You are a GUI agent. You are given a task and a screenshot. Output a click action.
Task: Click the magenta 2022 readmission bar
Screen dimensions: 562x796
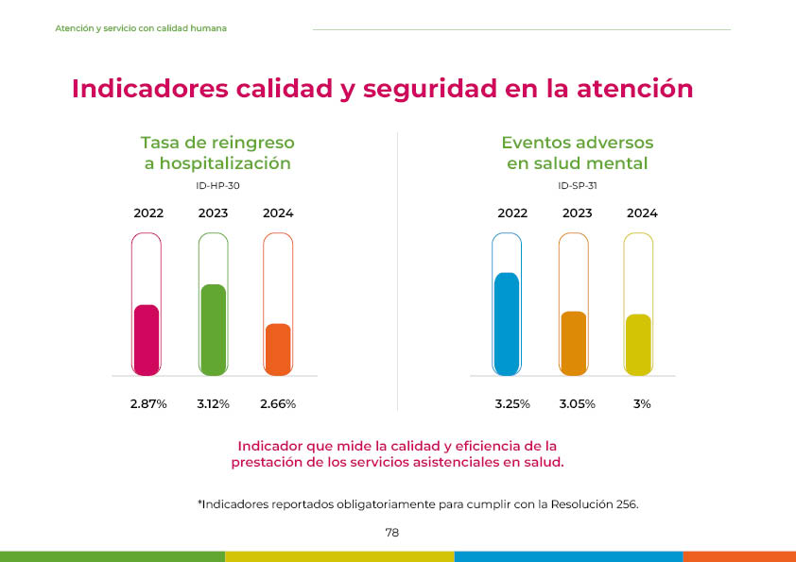pos(147,338)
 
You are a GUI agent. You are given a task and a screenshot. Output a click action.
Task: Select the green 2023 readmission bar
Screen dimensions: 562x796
pos(213,328)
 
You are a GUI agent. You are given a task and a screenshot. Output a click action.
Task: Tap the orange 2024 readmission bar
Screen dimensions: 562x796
pos(278,348)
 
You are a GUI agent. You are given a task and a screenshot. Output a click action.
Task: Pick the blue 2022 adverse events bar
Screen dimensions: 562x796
pos(507,322)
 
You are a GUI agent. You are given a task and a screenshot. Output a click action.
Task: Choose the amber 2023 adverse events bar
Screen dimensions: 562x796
pos(574,342)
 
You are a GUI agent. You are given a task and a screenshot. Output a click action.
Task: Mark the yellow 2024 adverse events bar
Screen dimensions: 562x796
pos(638,343)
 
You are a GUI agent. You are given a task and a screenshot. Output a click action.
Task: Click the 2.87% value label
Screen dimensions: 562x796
pos(148,404)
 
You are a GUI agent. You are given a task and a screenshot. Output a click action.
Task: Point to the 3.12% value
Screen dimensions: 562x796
pos(214,404)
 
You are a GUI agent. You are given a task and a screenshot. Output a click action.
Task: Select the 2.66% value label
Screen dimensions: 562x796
pos(278,404)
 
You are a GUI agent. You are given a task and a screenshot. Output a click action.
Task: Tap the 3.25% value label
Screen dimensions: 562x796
pos(512,404)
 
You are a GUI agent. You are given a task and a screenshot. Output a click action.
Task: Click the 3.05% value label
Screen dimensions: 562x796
pos(577,404)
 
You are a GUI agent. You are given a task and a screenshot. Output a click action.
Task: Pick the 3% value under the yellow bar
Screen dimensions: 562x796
pos(642,404)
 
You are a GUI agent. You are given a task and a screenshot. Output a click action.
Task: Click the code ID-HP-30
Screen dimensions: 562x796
pos(217,186)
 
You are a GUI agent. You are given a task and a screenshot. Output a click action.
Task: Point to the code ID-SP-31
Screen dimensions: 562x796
pos(578,186)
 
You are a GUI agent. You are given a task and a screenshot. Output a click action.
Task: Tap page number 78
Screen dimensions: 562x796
pos(392,533)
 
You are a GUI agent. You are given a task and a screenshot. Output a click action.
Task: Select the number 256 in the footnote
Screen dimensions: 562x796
pos(626,504)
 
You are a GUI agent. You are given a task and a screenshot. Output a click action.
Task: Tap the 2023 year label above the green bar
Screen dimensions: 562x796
pos(214,213)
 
